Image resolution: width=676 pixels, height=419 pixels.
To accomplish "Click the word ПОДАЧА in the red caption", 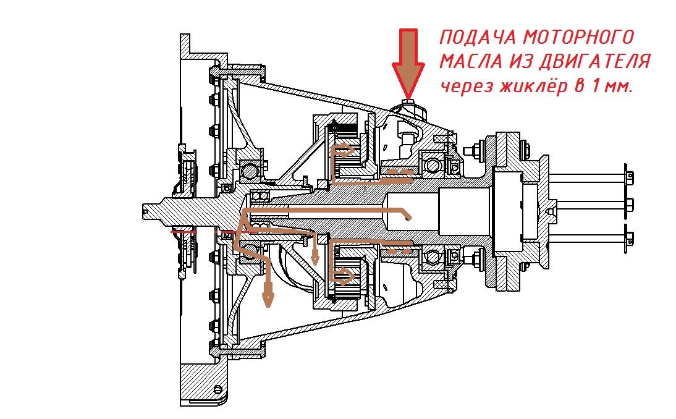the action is (478, 38).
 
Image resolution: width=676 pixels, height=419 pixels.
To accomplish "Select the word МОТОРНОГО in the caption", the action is (578, 37).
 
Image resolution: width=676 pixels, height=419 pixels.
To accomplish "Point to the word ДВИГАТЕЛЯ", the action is (594, 62).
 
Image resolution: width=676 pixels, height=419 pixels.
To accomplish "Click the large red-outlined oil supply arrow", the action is (408, 63).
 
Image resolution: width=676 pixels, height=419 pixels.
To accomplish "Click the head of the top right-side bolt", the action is (629, 176).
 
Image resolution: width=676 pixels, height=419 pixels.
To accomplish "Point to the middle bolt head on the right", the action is (629, 205).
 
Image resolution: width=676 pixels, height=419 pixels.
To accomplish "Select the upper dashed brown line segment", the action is (398, 172).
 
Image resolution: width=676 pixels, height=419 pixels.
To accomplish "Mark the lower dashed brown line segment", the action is (398, 250).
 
